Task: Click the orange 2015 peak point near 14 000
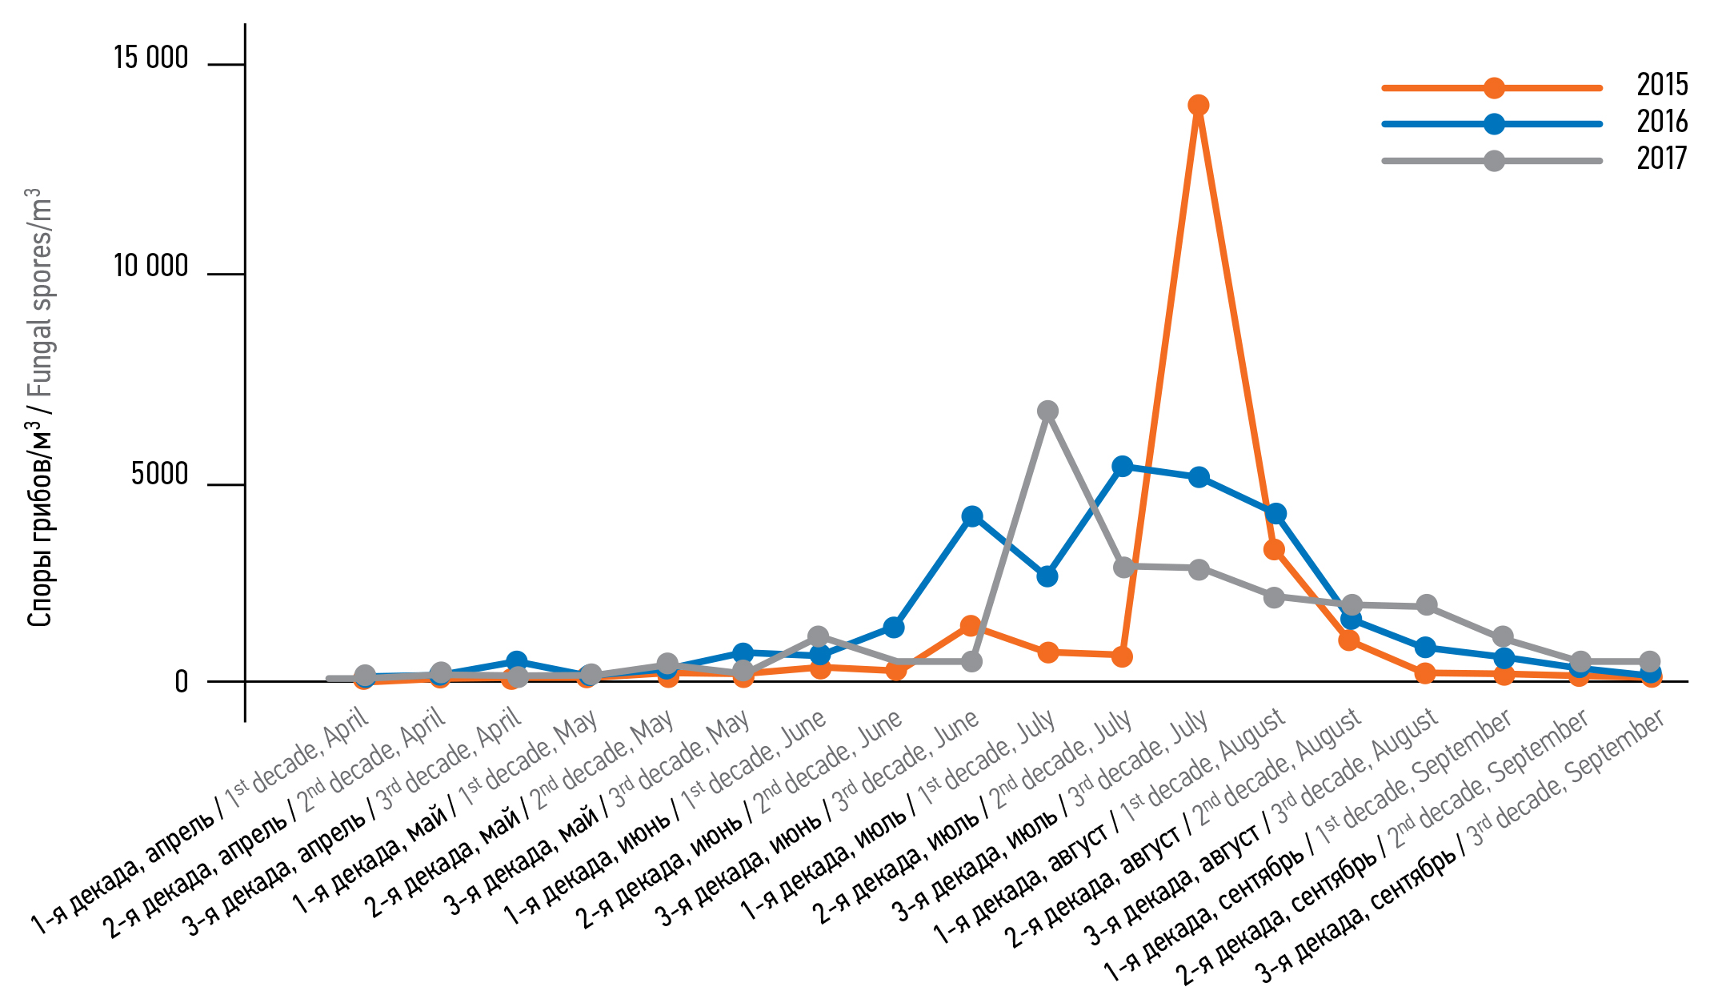pos(1198,105)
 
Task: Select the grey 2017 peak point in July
pos(1047,411)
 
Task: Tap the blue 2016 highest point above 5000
pos(1123,466)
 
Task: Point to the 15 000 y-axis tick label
pos(150,58)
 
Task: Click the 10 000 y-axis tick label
pos(150,267)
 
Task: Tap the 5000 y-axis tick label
pos(159,475)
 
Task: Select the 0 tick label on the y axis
pos(182,682)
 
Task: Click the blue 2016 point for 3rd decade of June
pos(971,516)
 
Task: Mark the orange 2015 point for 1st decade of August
pos(1274,549)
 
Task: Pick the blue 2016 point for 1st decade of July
pos(1047,576)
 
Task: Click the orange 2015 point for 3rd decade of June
pos(971,625)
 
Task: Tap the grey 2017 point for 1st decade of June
pos(818,637)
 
